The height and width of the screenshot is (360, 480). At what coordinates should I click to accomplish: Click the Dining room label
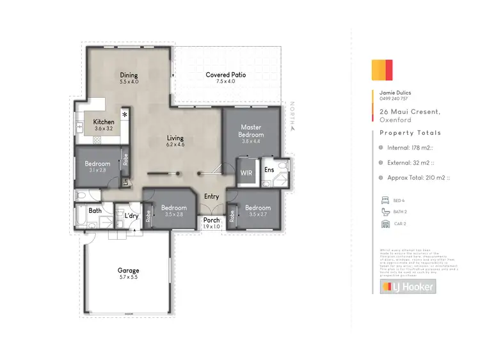pyautogui.click(x=129, y=75)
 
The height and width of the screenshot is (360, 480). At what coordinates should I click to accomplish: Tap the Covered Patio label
pyautogui.click(x=225, y=75)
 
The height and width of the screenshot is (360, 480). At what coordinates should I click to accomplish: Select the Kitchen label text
pyautogui.click(x=104, y=121)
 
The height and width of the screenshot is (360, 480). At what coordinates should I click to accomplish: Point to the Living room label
pyautogui.click(x=175, y=138)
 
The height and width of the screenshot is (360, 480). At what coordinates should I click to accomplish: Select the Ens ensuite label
pyautogui.click(x=269, y=170)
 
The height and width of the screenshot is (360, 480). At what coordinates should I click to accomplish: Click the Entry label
pyautogui.click(x=212, y=197)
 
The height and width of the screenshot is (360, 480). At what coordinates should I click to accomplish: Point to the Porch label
pyautogui.click(x=211, y=221)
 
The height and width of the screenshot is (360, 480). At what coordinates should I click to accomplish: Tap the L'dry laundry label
pyautogui.click(x=132, y=215)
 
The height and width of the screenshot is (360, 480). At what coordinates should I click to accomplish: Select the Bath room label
pyautogui.click(x=95, y=210)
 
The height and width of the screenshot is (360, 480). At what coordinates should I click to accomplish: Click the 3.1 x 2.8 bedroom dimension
pyautogui.click(x=97, y=171)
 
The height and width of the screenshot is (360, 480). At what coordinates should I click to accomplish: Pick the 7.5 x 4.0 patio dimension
pyautogui.click(x=225, y=82)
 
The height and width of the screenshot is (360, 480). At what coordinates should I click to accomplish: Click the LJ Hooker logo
pyautogui.click(x=408, y=287)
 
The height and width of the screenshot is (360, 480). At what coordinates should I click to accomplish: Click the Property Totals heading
pyautogui.click(x=410, y=133)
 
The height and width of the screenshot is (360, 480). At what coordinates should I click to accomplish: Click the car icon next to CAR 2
pyautogui.click(x=385, y=224)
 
